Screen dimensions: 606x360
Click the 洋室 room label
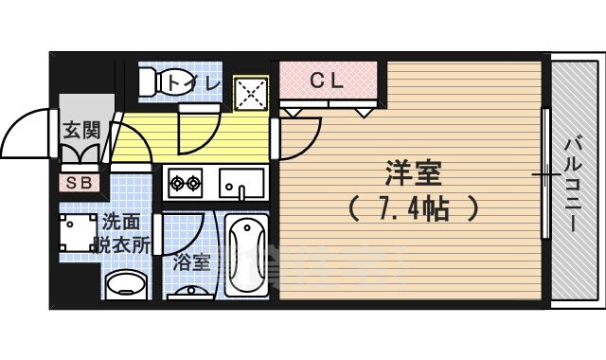(414, 174)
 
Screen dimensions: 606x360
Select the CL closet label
(328, 81)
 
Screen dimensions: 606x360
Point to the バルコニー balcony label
(574, 185)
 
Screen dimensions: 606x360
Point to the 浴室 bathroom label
(193, 262)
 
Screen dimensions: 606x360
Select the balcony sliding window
(545, 175)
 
